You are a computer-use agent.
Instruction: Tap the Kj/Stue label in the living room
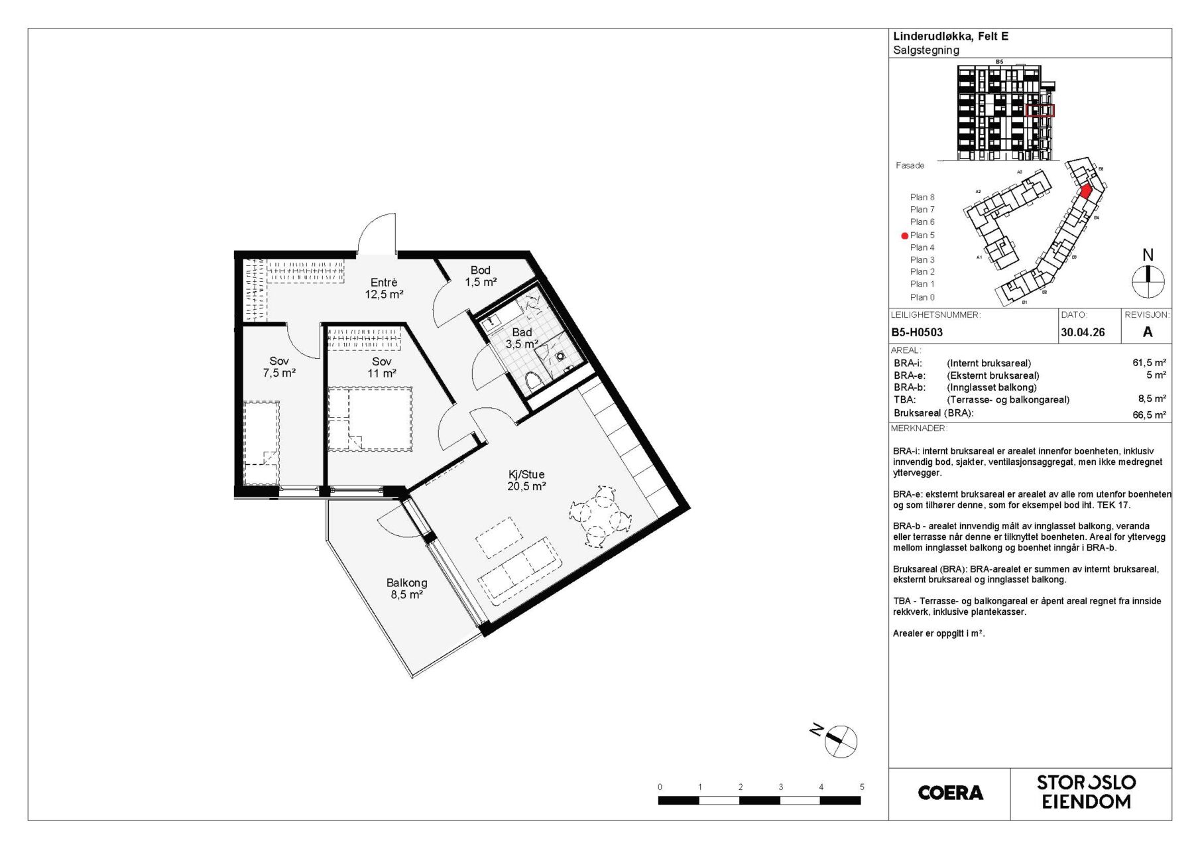tap(526, 474)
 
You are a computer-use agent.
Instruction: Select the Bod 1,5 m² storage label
tap(481, 276)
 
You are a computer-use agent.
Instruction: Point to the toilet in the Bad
tap(532, 381)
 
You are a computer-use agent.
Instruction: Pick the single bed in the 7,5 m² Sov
tap(261, 442)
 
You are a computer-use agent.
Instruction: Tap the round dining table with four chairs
tap(597, 516)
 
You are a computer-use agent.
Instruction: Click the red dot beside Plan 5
tap(904, 235)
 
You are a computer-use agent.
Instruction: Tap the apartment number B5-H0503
tap(917, 332)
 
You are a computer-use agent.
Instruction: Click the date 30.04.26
tap(1083, 332)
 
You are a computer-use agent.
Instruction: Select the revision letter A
tap(1148, 332)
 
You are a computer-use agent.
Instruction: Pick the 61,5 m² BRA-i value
tap(1149, 363)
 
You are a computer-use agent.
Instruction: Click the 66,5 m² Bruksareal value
tap(1149, 415)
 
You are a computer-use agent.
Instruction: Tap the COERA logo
tap(950, 793)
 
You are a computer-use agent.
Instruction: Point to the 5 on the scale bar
tap(861, 787)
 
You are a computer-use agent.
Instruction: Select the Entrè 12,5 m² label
tap(385, 289)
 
